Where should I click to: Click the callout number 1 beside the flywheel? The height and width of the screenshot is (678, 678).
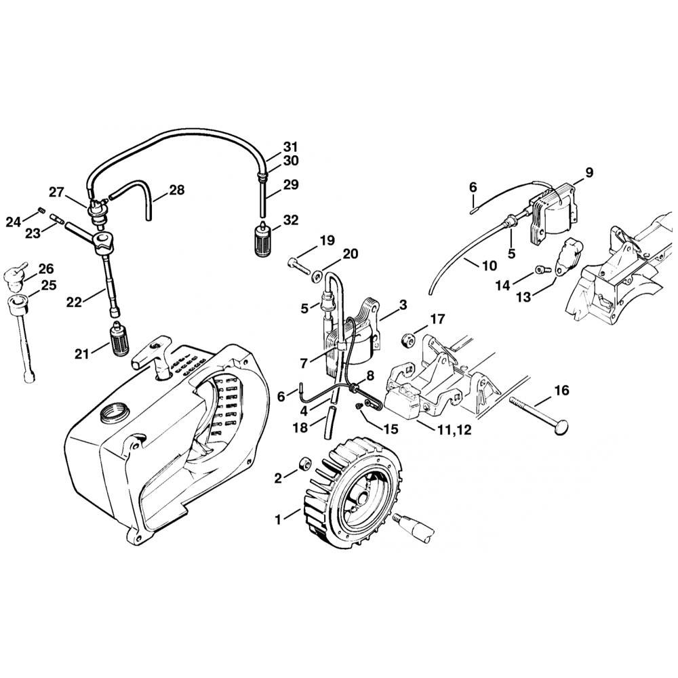277,520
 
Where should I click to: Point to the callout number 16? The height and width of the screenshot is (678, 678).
561,391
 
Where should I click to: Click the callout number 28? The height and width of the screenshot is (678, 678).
176,191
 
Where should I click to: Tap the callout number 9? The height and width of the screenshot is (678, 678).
589,173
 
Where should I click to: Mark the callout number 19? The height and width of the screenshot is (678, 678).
327,240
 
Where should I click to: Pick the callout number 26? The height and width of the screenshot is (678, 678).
46,268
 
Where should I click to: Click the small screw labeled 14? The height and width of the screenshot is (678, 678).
540,269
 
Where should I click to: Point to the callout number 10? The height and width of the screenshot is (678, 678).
490,266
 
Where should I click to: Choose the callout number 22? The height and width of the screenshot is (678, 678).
75,302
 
